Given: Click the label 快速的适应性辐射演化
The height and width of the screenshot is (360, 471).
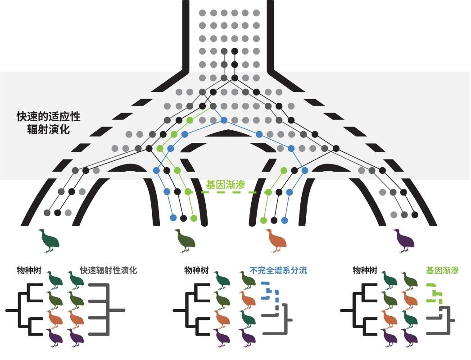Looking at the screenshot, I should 48,122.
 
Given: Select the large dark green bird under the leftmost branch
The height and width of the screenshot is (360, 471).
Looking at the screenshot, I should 49,241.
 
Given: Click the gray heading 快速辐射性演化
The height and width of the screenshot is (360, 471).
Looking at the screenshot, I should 109,271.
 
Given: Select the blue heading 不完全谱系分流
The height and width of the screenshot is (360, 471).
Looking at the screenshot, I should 278,271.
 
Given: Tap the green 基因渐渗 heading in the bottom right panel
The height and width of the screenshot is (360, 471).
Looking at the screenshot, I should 442,271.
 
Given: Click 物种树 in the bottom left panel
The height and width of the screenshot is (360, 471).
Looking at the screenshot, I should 29,271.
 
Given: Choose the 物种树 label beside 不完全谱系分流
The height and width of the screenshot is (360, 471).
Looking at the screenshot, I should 196,271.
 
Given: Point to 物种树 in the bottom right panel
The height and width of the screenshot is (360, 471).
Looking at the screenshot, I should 365,271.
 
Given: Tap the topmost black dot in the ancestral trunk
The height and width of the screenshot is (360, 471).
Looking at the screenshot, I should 235,51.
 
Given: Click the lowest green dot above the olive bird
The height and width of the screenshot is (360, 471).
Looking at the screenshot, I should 194,218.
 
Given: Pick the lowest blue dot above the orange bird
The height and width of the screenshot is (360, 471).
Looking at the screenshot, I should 285,220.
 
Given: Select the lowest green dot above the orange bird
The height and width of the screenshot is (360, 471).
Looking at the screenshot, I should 263,220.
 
